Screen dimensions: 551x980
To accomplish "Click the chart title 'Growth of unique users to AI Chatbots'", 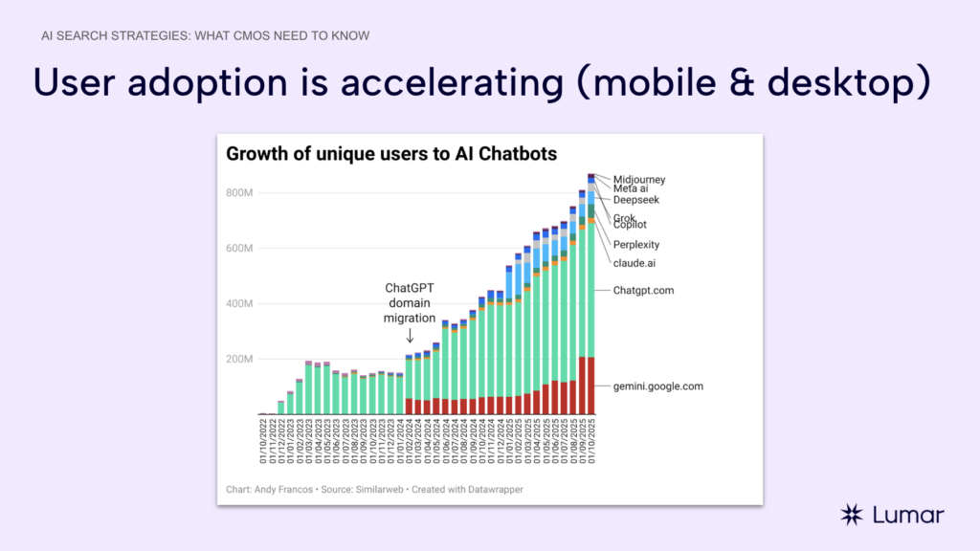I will coord(390,154).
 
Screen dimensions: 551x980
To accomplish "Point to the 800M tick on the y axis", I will coord(240,193).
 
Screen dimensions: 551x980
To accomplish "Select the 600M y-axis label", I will coord(240,249).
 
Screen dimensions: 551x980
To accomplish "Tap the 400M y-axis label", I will coord(240,304).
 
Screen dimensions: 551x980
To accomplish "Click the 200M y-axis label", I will coord(240,360).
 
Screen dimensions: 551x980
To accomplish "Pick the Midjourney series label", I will coord(639,179).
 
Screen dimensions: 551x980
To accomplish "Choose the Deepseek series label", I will coord(636,200).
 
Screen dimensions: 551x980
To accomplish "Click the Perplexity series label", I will coord(636,245).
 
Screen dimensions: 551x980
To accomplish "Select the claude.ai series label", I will coord(634,263).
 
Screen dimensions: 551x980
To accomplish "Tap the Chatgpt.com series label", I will coord(644,290).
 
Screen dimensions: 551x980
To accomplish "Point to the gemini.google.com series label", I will coord(658,386).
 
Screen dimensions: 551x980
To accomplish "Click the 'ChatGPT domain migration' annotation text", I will coord(411,303).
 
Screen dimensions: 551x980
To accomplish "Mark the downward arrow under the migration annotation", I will coord(411,336).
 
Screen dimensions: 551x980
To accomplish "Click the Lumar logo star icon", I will coord(852,515).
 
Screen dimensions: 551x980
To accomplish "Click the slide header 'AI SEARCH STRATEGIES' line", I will coord(206,35).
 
